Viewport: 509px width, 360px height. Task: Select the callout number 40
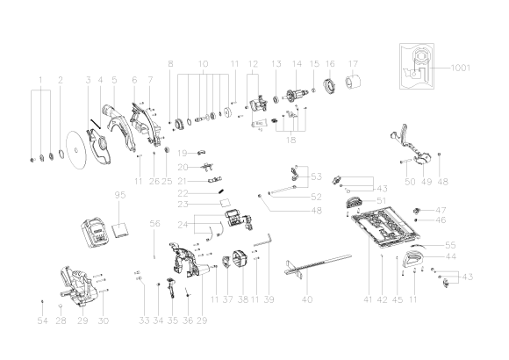[x=306, y=299]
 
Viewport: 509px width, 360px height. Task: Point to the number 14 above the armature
[x=297, y=64]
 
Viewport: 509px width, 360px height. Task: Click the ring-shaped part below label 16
[x=331, y=88]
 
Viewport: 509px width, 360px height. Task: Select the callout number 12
[x=254, y=64]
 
